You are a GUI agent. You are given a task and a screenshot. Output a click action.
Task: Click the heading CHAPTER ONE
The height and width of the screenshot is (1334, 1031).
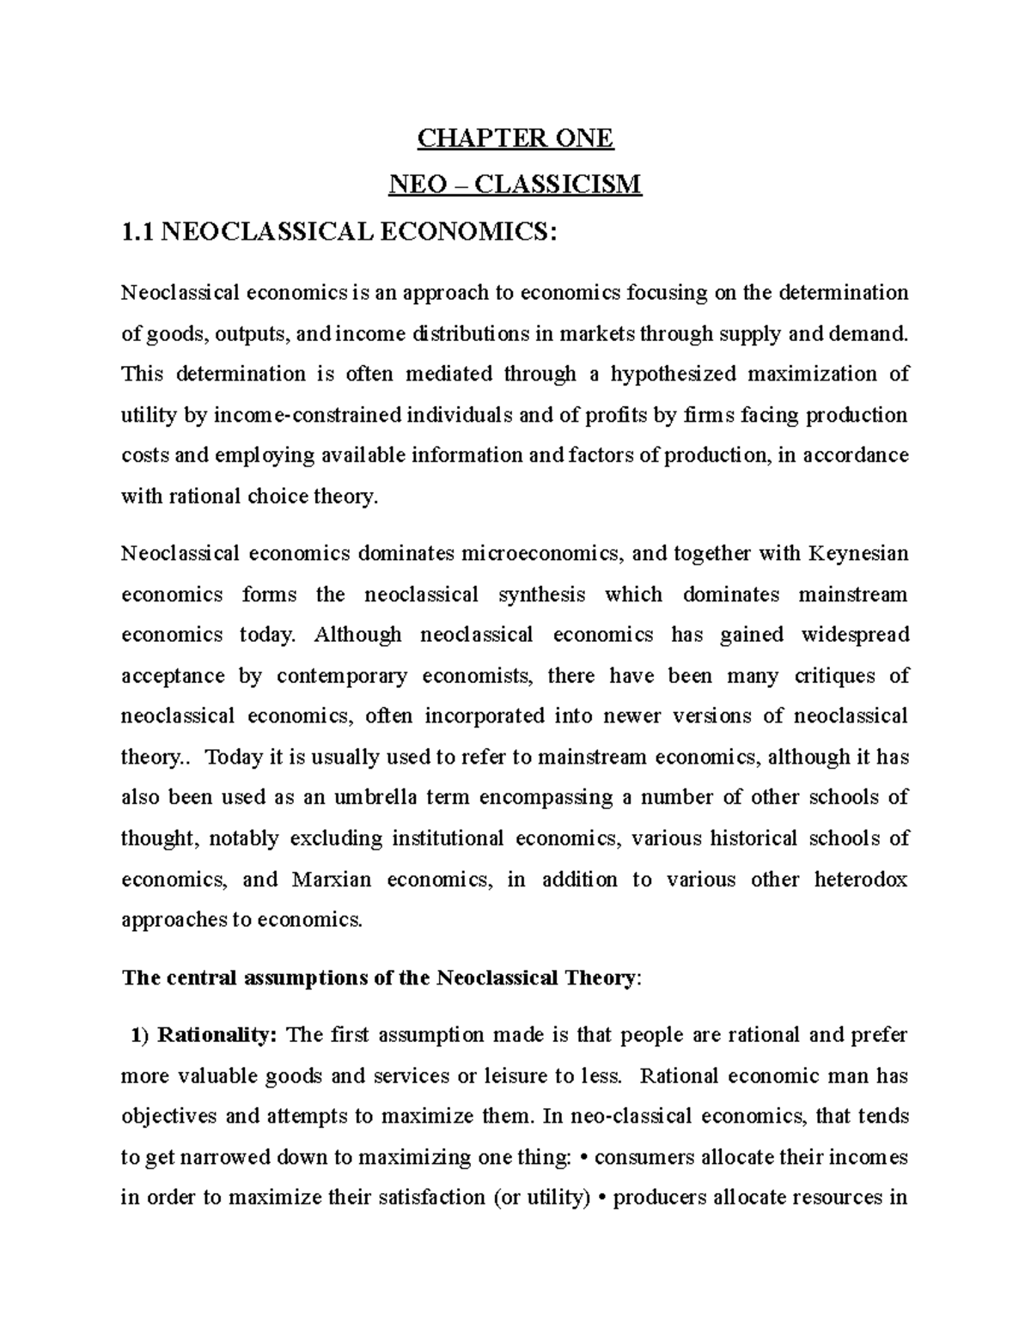coord(515,138)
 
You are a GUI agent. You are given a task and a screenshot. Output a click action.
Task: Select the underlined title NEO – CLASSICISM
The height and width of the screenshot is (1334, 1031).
coord(515,184)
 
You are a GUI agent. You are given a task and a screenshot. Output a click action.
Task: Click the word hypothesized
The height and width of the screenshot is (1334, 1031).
coord(673,375)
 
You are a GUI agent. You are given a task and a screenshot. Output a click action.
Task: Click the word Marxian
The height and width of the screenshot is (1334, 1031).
coord(333,880)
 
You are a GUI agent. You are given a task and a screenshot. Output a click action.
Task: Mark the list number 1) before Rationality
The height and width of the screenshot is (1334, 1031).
coord(140,1035)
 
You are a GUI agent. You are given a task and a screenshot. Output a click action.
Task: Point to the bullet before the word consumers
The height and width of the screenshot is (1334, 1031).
coord(585,1158)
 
